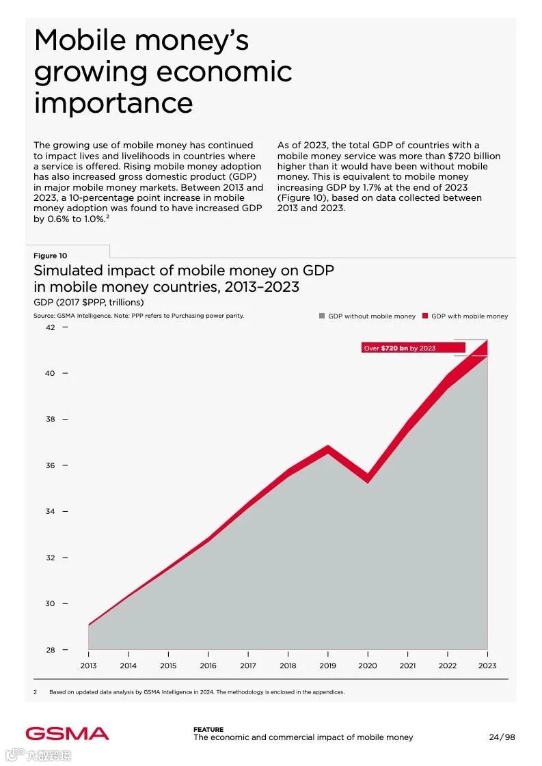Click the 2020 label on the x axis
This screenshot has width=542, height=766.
point(368,666)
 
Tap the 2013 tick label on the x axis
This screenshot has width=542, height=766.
point(88,666)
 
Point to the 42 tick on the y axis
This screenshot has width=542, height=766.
point(51,327)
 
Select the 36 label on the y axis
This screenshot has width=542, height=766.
point(51,465)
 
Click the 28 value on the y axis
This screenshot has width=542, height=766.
point(51,650)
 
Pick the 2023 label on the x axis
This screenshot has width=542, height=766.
point(487,666)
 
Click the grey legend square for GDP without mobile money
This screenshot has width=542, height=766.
point(322,316)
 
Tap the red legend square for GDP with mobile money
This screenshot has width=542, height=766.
point(424,316)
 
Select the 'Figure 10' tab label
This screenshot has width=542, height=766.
point(51,256)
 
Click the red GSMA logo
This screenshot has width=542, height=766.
point(68,734)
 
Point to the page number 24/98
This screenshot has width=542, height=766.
point(502,737)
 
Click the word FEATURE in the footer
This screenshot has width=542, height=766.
point(208,730)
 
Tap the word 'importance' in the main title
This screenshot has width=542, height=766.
point(113,102)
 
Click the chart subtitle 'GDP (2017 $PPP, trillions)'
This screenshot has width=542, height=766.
point(89,302)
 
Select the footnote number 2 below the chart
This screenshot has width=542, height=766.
point(35,692)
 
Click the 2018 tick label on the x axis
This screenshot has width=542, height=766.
point(288,666)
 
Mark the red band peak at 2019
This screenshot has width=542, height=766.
point(328,450)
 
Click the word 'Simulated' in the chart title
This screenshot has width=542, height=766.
point(67,271)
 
